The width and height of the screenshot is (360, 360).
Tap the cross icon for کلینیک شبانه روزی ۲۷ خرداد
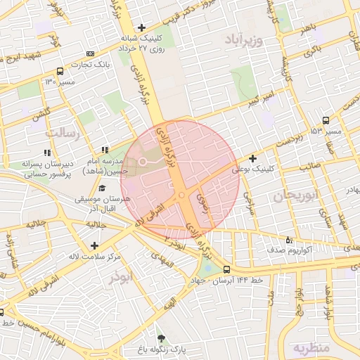point(141,27)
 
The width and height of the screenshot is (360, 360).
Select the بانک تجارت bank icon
point(90,53)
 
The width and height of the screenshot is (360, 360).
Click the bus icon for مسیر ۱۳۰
point(59,71)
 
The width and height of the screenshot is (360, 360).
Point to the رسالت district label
point(64,131)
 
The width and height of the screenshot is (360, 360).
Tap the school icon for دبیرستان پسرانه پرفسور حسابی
point(47,152)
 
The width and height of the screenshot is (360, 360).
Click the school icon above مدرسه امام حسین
point(105,150)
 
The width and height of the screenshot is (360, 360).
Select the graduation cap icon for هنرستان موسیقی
point(103,188)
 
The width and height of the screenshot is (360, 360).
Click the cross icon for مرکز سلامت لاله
point(94,245)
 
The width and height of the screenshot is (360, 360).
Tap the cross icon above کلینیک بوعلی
point(253,159)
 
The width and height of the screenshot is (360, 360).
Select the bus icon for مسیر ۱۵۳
point(325,120)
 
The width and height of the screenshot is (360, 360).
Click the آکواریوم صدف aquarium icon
point(290,239)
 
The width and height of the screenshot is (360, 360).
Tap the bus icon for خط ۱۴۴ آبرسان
point(226,269)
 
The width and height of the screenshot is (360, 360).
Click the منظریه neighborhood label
point(310,348)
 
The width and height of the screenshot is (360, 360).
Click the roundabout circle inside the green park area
point(142,162)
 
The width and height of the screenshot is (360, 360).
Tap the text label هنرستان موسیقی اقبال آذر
point(108,205)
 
